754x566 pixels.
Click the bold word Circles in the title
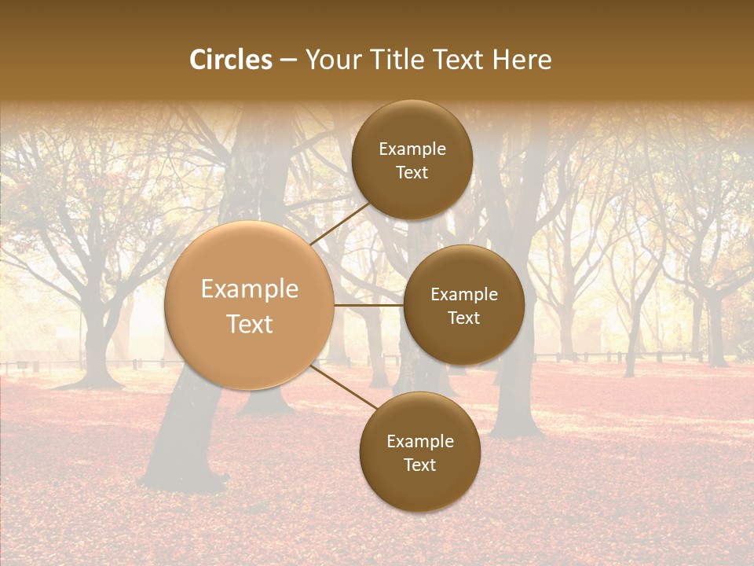pos(231,60)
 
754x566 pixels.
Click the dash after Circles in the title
pos(288,61)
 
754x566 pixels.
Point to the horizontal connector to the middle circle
pos(369,305)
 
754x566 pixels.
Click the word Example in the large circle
pos(250,289)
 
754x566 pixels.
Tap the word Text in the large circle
pos(250,324)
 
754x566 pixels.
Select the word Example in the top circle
pos(412,149)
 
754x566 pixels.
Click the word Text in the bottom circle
pos(419,465)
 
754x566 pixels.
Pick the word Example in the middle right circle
pos(464,295)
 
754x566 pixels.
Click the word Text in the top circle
pos(412,172)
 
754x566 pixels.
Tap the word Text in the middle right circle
pos(463,318)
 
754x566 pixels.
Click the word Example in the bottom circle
pos(420,442)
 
